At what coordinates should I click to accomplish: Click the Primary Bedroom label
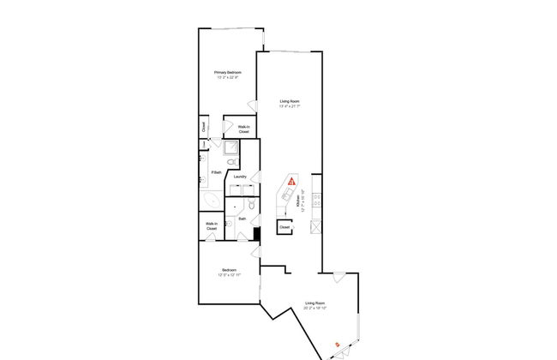pyautogui.click(x=228, y=75)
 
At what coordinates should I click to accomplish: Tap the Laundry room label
pyautogui.click(x=240, y=177)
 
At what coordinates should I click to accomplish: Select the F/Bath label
pyautogui.click(x=217, y=172)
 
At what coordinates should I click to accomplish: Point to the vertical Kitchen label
pyautogui.click(x=297, y=202)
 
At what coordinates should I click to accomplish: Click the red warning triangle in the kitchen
pyautogui.click(x=292, y=182)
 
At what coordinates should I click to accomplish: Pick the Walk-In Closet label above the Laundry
pyautogui.click(x=243, y=129)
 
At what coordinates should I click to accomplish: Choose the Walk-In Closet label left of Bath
pyautogui.click(x=211, y=226)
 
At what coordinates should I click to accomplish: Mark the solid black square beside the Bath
pyautogui.click(x=256, y=232)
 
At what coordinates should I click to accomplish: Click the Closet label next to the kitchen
pyautogui.click(x=284, y=228)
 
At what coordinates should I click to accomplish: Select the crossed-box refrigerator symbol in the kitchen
pyautogui.click(x=315, y=227)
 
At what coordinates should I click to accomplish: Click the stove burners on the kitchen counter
pyautogui.click(x=315, y=201)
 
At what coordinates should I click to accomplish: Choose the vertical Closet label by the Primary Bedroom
pyautogui.click(x=203, y=128)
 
